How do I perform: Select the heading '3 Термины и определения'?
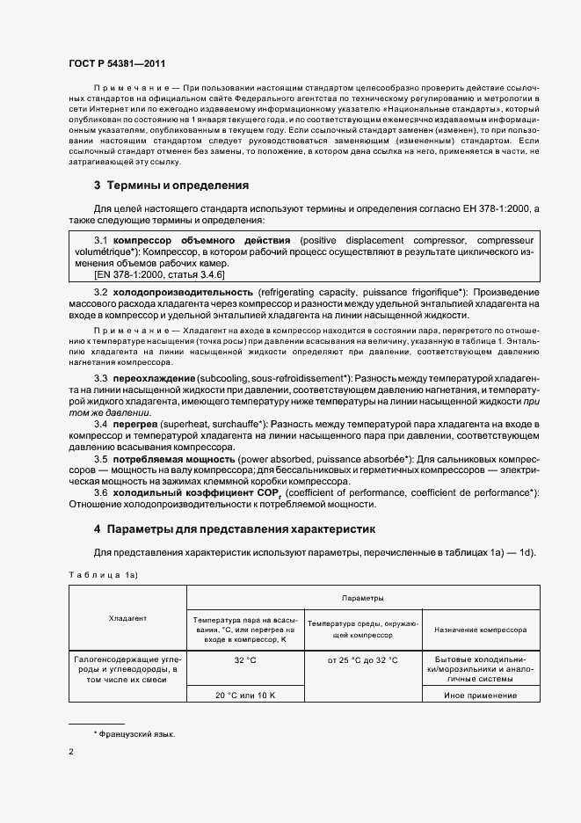(x=171, y=186)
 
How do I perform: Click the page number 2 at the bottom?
(x=71, y=752)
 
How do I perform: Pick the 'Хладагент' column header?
(x=128, y=618)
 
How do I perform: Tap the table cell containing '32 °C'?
(x=245, y=659)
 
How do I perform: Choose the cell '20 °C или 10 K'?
(x=245, y=695)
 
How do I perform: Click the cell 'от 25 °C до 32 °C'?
(x=363, y=659)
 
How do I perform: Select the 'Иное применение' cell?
(x=481, y=695)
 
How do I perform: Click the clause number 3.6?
(x=100, y=493)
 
